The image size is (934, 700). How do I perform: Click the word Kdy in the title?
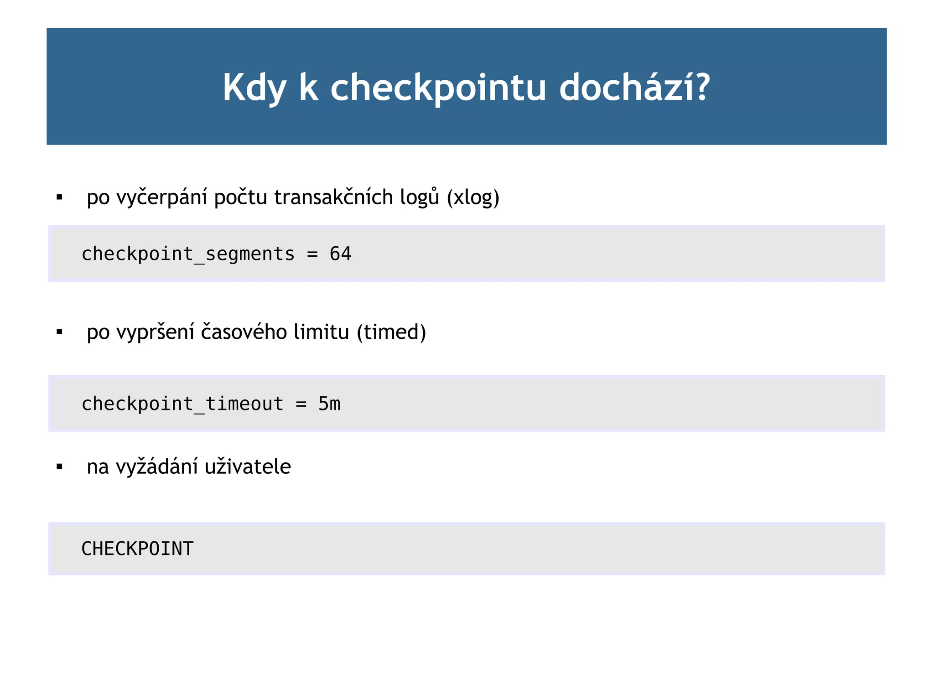(254, 88)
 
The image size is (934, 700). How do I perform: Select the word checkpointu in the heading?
(438, 88)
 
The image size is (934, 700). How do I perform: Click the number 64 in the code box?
(340, 254)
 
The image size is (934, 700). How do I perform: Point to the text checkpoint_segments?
(188, 254)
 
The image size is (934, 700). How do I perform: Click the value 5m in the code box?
(329, 404)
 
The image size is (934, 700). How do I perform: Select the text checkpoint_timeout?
(182, 404)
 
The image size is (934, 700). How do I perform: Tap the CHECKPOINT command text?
(137, 549)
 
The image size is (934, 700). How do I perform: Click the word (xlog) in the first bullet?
(473, 197)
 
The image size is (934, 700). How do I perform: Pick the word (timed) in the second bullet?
(391, 332)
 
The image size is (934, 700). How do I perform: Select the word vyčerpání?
(162, 197)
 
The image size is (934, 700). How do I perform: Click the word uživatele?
(248, 467)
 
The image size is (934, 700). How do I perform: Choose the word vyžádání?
(157, 467)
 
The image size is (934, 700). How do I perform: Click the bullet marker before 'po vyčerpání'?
(59, 197)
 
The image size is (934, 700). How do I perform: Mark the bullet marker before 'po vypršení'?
(59, 332)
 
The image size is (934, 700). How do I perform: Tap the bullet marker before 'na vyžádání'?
(59, 467)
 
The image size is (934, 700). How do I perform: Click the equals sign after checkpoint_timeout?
(301, 404)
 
